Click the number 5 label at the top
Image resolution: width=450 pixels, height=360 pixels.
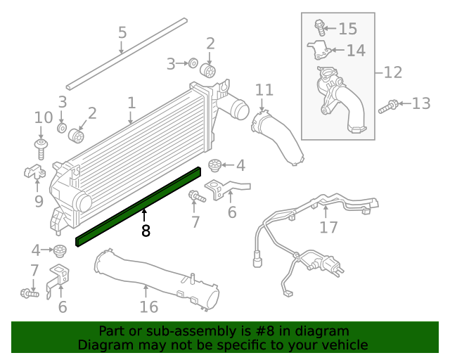pos(122,33)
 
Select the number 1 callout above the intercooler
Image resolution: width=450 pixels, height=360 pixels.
pos(131,103)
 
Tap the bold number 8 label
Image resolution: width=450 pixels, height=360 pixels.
pos(146,231)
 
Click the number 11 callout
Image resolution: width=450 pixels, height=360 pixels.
pos(264,90)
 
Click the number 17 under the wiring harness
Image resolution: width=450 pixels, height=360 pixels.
pos(328,227)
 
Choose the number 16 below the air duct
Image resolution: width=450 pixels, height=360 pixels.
pos(148,307)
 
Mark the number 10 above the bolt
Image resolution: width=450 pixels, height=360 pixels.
pos(44,117)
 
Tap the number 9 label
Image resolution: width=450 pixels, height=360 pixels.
pos(38,201)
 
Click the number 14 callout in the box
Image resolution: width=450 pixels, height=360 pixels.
pos(356,51)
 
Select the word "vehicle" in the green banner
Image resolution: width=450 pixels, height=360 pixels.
pos(344,345)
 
